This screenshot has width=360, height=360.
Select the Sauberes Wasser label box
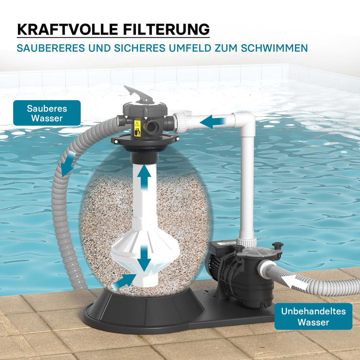click(x=47, y=113)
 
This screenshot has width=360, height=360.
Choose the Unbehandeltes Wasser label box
click(x=313, y=316)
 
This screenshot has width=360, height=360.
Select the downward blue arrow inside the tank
click(x=145, y=258)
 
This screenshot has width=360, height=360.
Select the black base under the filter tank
click(x=139, y=314)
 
